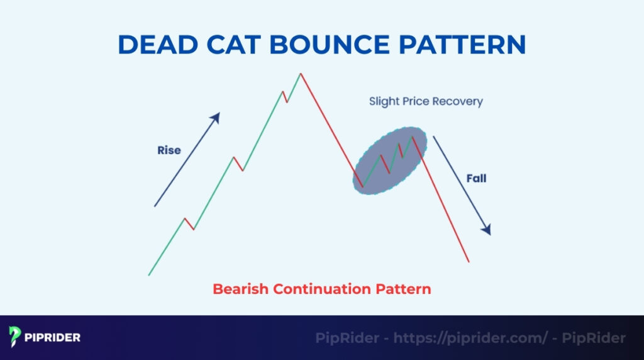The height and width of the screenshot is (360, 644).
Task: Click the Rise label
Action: pyautogui.click(x=169, y=150)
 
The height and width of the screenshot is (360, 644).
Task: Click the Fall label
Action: pyautogui.click(x=476, y=179)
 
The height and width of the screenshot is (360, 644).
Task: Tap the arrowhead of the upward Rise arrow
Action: pyautogui.click(x=216, y=117)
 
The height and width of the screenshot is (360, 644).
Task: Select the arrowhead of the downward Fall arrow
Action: pyautogui.click(x=486, y=230)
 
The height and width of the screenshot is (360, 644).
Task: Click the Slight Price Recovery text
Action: pyautogui.click(x=426, y=101)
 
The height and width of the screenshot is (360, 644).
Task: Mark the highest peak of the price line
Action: pyautogui.click(x=301, y=74)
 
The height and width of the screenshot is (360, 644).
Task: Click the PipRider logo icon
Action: pyautogui.click(x=16, y=337)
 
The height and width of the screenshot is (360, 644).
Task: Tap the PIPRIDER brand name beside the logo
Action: pyautogui.click(x=53, y=337)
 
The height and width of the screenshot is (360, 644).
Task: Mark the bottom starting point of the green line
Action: pyautogui.click(x=149, y=274)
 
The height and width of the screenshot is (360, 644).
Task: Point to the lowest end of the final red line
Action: pyautogui.click(x=469, y=261)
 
